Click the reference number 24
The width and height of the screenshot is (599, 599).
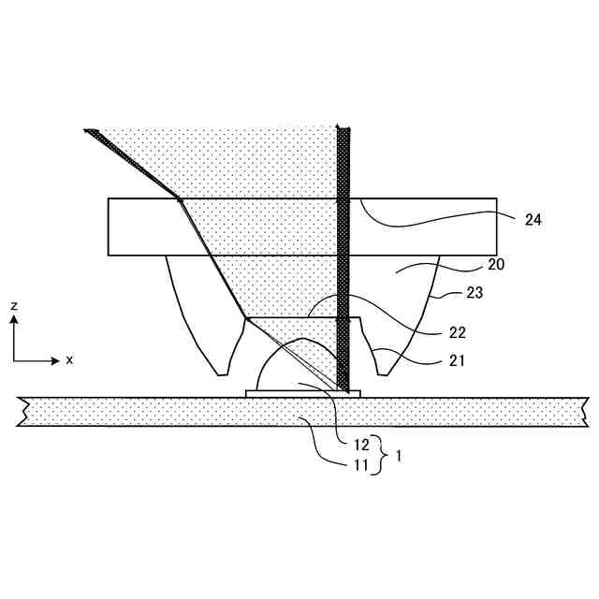[x=533, y=221]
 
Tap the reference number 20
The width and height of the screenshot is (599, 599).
[x=496, y=265]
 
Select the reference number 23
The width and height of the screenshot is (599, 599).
[x=475, y=293]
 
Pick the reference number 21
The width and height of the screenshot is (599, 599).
[x=431, y=359]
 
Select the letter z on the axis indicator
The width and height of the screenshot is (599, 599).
[x=14, y=306]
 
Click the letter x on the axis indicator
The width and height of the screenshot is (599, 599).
[x=69, y=360]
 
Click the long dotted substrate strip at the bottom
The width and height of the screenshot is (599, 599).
[x=140, y=412]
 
